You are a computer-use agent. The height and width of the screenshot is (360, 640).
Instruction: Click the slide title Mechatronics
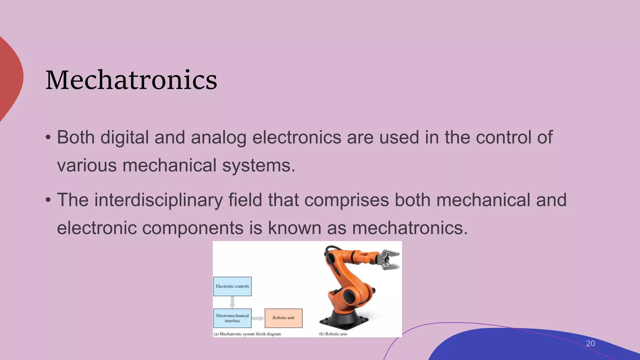(131, 80)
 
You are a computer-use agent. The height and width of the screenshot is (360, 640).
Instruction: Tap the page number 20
(590, 343)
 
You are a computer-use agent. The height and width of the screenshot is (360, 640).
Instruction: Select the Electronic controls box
(232, 286)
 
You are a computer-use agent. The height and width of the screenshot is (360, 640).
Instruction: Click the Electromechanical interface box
(232, 318)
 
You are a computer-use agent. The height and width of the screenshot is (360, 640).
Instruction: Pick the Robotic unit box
(283, 318)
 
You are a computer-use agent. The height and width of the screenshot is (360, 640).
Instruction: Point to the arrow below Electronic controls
(232, 302)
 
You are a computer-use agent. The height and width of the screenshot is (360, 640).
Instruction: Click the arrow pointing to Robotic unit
(258, 318)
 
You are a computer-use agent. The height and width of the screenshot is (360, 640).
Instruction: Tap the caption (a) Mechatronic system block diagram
(247, 334)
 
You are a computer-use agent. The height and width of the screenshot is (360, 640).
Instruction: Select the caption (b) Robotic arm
(333, 334)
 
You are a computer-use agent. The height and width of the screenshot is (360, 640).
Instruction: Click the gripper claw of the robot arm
(389, 260)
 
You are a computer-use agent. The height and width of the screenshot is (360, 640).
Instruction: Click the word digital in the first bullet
(124, 137)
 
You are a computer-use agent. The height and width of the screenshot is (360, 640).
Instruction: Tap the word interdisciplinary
(158, 200)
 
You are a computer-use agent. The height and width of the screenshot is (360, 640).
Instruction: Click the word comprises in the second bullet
(347, 200)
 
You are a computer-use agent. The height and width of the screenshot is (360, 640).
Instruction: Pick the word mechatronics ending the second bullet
(410, 228)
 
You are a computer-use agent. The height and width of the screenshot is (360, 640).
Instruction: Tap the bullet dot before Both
(48, 137)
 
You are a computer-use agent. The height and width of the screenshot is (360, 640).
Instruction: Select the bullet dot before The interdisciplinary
(48, 200)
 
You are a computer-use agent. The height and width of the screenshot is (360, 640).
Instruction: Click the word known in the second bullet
(294, 228)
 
